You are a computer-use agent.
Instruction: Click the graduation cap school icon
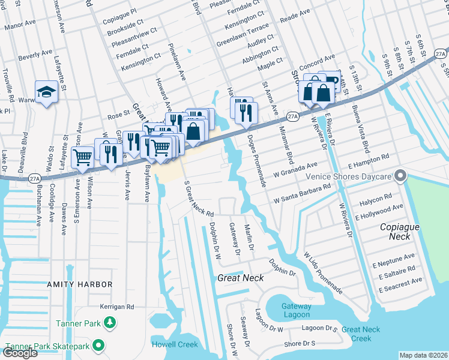pyautogui.click(x=45, y=92)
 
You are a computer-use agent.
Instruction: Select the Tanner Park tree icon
pyautogui.click(x=110, y=324)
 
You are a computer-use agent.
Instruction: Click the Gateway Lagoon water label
pyautogui.click(x=297, y=310)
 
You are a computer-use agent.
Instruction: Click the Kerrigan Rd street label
pyautogui.click(x=117, y=307)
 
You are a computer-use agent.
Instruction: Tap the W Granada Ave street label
pyautogui.click(x=295, y=169)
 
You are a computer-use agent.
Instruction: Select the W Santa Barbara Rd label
pyautogui.click(x=303, y=193)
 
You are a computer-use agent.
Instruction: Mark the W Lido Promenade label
pyautogui.click(x=323, y=273)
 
